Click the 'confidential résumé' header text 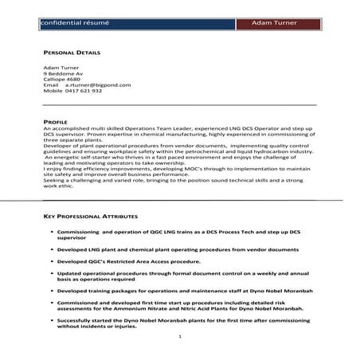pyautogui.click(x=71, y=23)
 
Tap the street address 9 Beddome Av pyautogui.click(x=62, y=73)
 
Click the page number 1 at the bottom pyautogui.click(x=180, y=337)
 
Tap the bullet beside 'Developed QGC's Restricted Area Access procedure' pyautogui.click(x=52, y=261)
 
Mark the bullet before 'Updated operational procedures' pyautogui.click(x=52, y=273)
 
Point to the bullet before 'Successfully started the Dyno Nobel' pyautogui.click(x=52, y=319)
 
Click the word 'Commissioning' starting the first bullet pyautogui.click(x=78, y=230)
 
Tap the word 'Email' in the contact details pyautogui.click(x=50, y=85)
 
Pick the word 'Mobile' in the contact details pyautogui.click(x=52, y=91)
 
